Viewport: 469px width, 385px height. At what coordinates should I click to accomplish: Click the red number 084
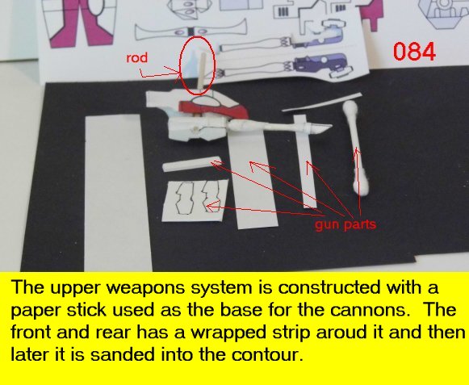[x=414, y=52]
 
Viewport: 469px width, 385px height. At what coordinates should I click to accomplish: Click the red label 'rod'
[x=136, y=58]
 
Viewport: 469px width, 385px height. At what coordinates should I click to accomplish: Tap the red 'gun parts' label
[x=345, y=224]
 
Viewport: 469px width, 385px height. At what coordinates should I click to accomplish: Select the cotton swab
[x=355, y=148]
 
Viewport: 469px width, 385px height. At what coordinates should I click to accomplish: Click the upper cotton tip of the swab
[x=350, y=107]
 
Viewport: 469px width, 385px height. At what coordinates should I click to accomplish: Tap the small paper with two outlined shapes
[x=195, y=201]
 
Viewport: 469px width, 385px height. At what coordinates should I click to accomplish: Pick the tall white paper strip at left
[x=117, y=193]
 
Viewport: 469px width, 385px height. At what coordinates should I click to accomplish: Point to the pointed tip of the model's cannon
[x=332, y=126]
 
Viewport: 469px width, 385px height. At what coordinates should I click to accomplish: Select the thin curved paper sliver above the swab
[x=322, y=103]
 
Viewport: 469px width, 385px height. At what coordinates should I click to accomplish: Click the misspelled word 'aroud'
[x=348, y=333]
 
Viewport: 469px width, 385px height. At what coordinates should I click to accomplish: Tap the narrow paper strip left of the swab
[x=305, y=161]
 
